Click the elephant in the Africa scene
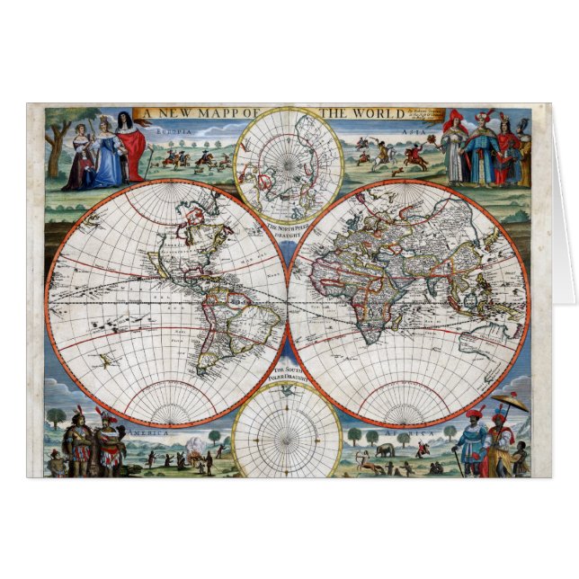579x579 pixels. pos(384,450)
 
